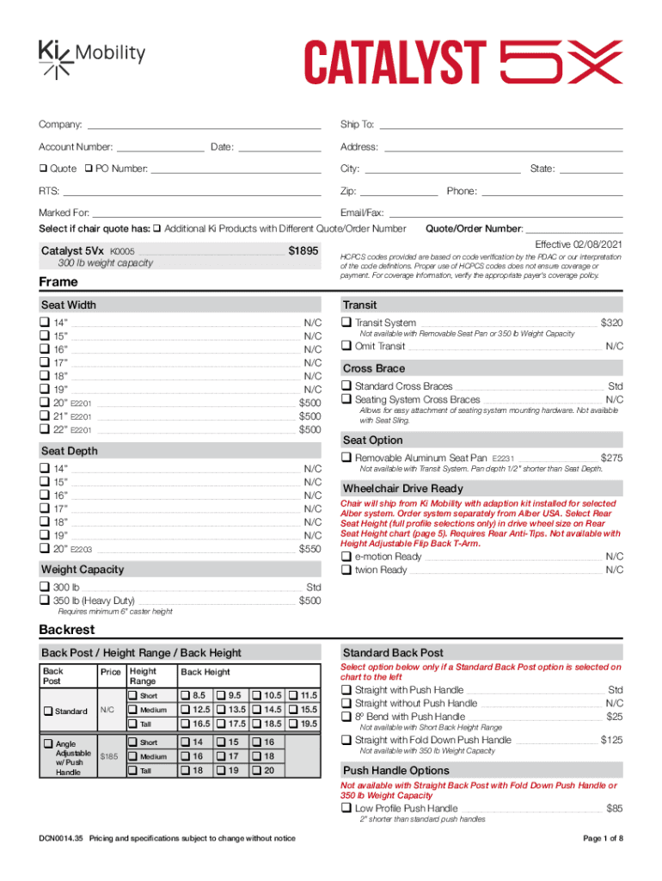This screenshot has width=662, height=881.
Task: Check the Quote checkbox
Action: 43,169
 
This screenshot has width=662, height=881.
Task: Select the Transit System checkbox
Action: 346,323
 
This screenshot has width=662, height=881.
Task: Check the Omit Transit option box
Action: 346,346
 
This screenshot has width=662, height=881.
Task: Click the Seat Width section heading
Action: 69,305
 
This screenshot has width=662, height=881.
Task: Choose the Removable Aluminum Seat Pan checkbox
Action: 346,458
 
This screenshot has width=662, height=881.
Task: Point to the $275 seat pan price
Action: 611,458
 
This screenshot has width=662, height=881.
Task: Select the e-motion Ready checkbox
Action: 346,557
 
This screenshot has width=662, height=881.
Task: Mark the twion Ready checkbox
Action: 346,570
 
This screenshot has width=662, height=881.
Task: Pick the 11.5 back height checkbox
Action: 294,695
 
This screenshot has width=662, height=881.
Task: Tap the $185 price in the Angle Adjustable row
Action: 109,756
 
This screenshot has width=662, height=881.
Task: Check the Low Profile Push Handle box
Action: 346,809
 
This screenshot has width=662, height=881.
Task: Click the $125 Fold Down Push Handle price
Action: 611,740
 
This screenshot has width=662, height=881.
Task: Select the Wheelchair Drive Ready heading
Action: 402,489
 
